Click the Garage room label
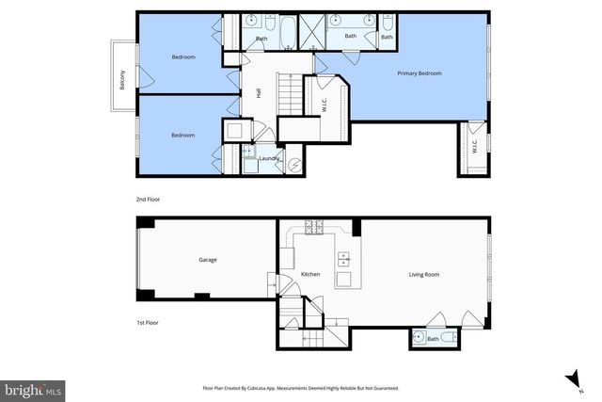(x=208, y=260)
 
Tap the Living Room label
(x=424, y=275)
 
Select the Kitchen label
(x=310, y=275)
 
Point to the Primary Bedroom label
(x=420, y=73)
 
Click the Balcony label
(x=122, y=81)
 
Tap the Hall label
(x=259, y=91)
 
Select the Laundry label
(x=271, y=158)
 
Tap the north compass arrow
(x=571, y=378)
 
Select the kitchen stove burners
(x=312, y=226)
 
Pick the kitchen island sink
(x=342, y=258)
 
